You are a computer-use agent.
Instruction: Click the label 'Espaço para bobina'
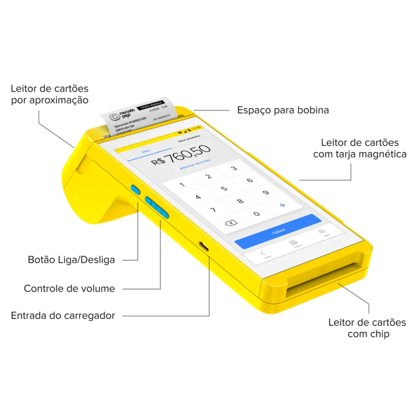coord(283,110)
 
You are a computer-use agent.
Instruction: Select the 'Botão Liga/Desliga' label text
coord(71,260)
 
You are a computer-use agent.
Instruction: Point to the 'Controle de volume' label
coord(69,289)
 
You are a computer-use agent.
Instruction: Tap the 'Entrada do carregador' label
coord(63,315)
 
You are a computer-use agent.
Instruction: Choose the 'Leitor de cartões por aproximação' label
coord(49,94)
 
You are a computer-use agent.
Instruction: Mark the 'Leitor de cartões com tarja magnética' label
coord(360,148)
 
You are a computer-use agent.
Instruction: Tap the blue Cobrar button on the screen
coord(278,231)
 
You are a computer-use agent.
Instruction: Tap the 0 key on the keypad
coord(256,214)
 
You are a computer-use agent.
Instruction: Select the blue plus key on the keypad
coord(282,205)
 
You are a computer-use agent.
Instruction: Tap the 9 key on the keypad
coord(266,193)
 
